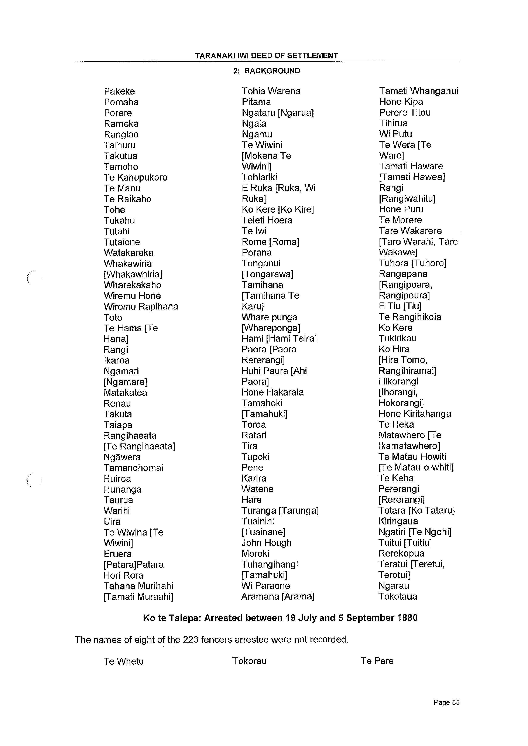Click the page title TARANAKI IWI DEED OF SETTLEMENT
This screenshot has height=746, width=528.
pos(266,56)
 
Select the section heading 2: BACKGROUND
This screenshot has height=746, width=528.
pos(267,71)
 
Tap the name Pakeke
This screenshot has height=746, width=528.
pos(119,91)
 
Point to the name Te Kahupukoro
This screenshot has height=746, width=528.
pos(136,178)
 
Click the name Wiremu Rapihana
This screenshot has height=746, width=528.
pos(141,307)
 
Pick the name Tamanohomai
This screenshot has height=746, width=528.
pos(133,468)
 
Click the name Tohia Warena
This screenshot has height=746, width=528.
pos(271,91)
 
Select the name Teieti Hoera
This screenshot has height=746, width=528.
pos(267,220)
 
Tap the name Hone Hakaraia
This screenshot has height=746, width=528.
pos(272,393)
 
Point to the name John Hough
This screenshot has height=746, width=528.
pos(266,543)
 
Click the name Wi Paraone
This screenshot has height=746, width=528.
pos(266,586)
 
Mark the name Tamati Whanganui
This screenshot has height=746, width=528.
pos(418,91)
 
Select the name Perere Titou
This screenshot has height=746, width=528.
pos(405,113)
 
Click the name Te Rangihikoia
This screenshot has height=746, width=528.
pos(410,317)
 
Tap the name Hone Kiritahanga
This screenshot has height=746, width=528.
pos(415,414)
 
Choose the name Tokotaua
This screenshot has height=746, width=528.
pos(398,597)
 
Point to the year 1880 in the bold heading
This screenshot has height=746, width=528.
pos(407,618)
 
